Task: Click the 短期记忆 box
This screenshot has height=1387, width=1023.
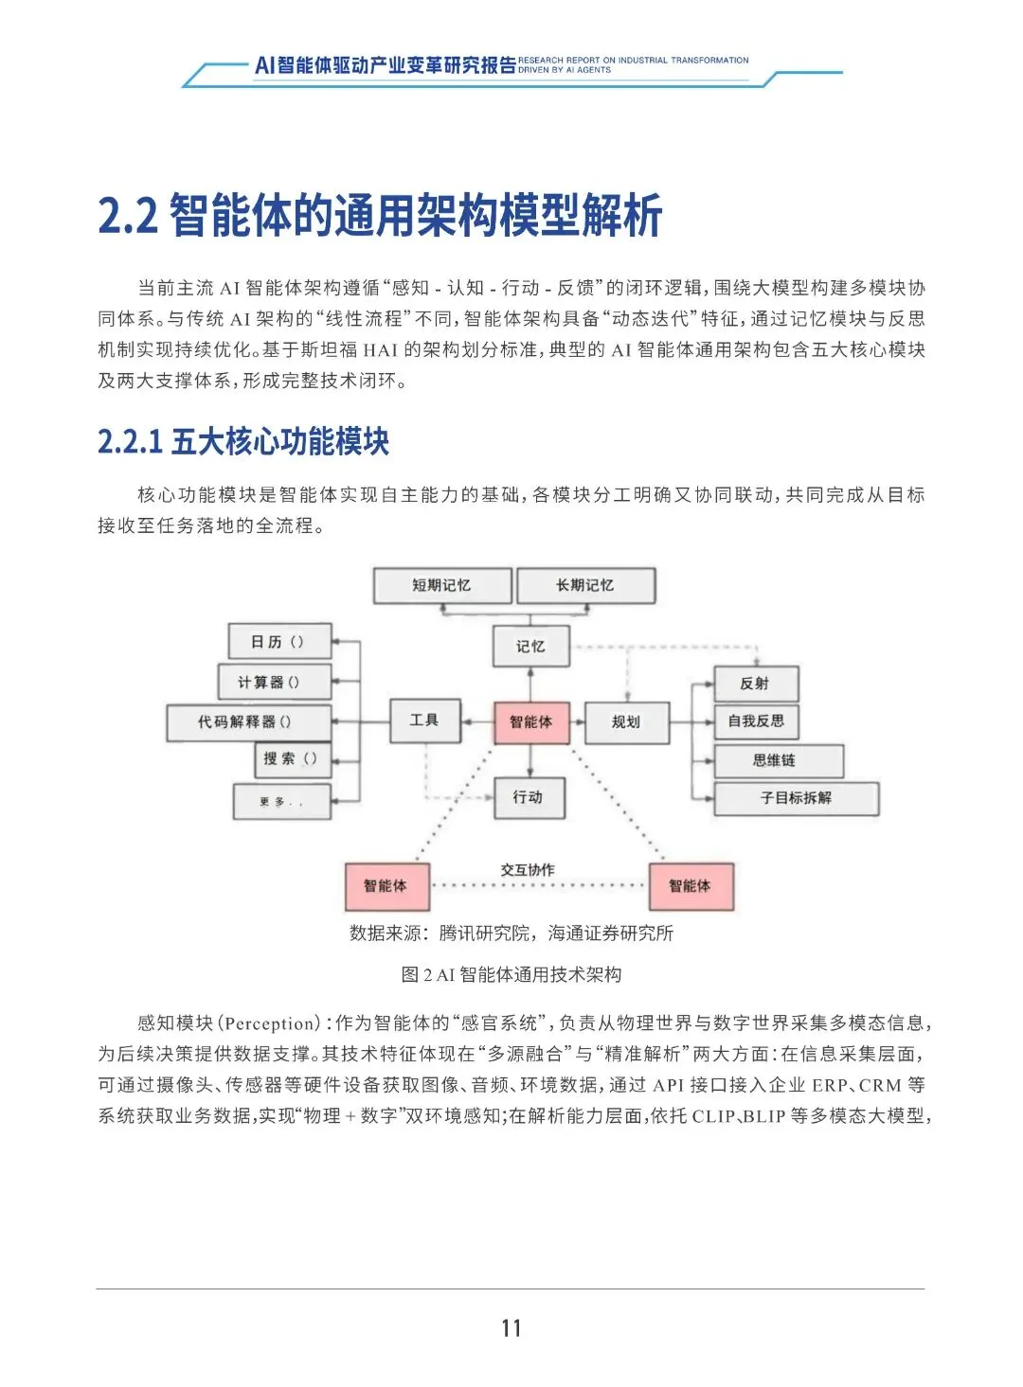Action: (442, 585)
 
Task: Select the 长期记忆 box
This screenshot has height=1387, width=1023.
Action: (585, 585)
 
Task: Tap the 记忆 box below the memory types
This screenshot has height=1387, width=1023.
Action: (530, 646)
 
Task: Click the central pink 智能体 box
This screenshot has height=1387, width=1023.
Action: (530, 721)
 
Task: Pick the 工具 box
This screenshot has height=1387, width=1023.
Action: (424, 720)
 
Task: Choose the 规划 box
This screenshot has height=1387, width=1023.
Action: (626, 721)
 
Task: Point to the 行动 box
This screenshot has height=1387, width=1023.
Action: (529, 797)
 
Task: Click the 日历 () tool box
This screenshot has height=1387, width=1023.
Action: (279, 641)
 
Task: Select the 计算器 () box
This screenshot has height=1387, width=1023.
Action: (273, 682)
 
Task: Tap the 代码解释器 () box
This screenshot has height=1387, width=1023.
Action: (248, 721)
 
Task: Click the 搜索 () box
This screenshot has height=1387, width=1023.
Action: (293, 758)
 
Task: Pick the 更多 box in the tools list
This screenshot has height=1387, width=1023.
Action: (282, 801)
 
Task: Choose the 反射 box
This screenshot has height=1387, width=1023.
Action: (756, 683)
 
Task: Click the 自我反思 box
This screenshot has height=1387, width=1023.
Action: (756, 720)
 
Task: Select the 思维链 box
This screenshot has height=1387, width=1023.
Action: (778, 760)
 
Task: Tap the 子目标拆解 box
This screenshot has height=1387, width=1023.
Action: (796, 798)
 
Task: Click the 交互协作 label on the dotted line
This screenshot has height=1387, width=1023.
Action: (528, 869)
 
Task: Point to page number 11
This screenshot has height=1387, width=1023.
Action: (511, 1327)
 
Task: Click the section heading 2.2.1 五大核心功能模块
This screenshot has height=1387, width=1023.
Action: (243, 441)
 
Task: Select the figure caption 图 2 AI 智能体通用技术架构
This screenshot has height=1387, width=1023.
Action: (511, 974)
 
